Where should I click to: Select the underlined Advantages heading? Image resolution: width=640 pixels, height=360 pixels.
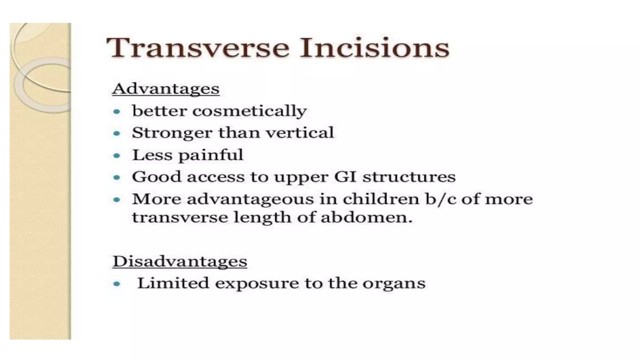click(166, 89)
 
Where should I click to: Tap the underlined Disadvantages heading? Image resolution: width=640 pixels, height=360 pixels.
click(180, 261)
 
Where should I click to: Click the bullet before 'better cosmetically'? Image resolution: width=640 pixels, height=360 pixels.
click(117, 112)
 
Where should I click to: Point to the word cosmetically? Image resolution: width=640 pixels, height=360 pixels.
click(249, 111)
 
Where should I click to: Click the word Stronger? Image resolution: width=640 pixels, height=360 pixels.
click(172, 133)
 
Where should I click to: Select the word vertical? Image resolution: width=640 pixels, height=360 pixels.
click(300, 132)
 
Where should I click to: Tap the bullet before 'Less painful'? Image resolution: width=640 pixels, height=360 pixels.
click(117, 155)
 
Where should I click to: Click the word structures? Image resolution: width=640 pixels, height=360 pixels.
click(409, 177)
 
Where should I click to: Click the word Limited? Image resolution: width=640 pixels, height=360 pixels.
click(173, 283)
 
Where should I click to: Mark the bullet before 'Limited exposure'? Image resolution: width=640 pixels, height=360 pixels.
click(117, 284)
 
